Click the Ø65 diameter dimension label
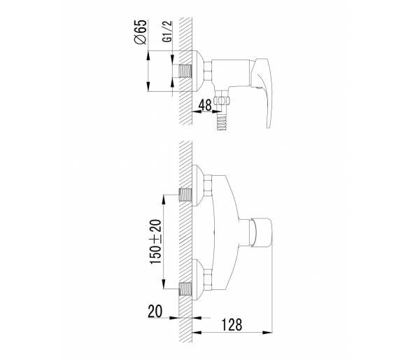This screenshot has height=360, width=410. coord(141,32)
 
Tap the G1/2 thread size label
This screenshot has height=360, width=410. coord(167,31)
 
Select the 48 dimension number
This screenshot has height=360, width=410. coord(205,105)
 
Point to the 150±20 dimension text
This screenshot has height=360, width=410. coord(155,242)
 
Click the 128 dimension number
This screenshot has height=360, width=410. coord(232,325)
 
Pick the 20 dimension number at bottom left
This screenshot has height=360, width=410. coord(155,312)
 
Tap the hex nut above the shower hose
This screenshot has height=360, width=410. coord(222,101)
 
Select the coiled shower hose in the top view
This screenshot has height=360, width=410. coord(222,121)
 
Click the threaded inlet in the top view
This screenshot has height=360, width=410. coord(185,71)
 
